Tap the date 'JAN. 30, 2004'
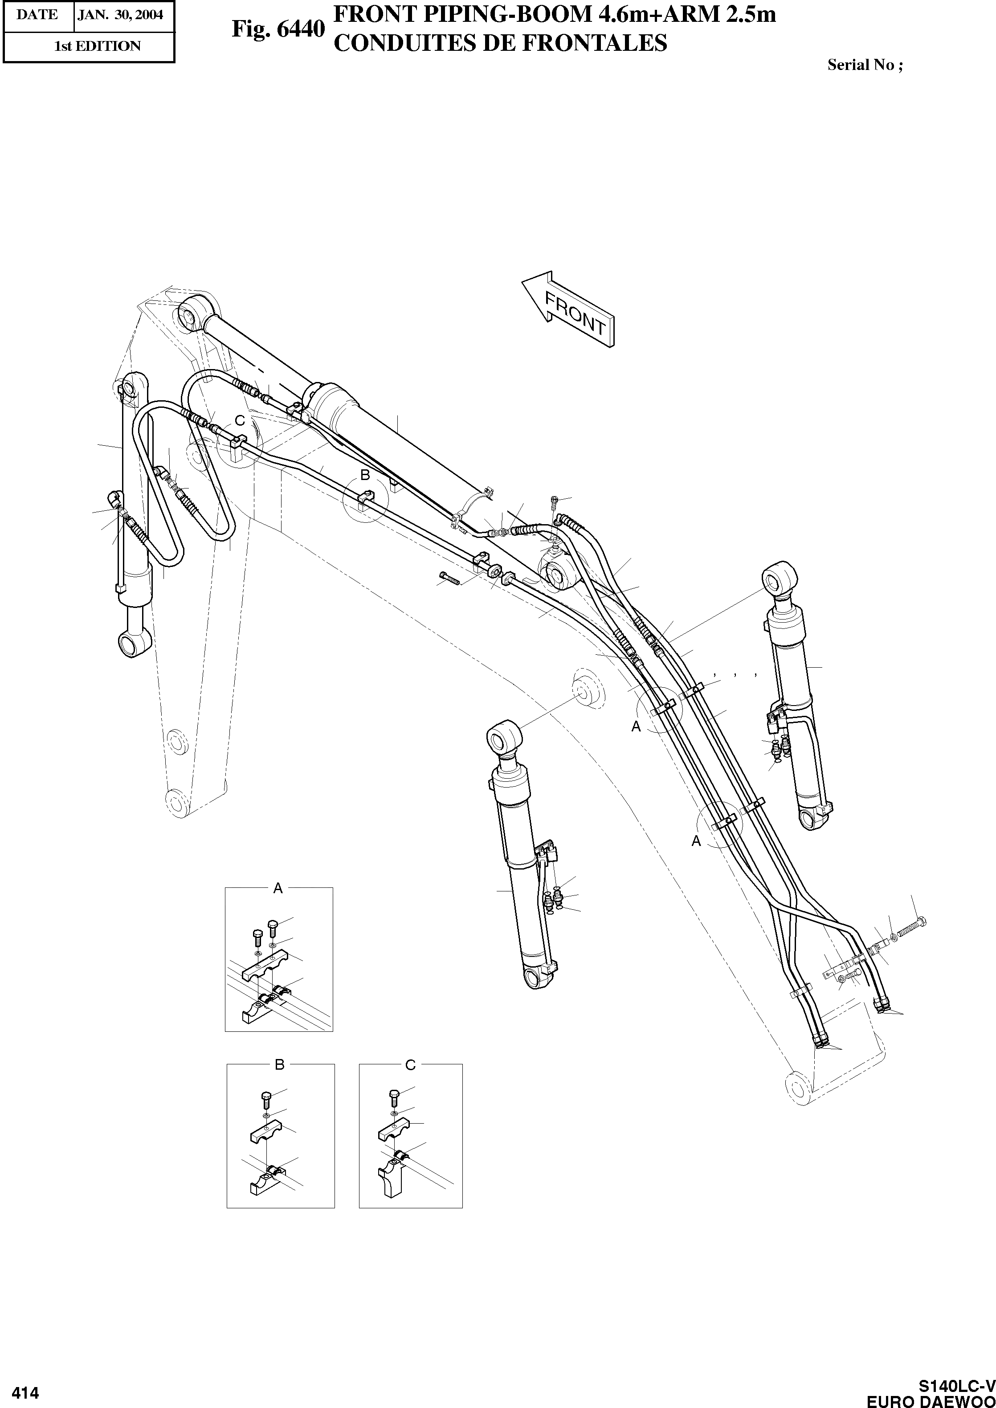[x=121, y=15]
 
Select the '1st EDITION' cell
[x=97, y=46]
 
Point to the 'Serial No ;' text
[x=865, y=65]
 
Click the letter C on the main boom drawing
[x=240, y=421]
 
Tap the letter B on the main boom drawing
[x=364, y=475]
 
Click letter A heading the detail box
[x=278, y=888]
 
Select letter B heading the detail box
[x=280, y=1065]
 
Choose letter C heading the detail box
[x=410, y=1065]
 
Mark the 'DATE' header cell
[x=37, y=15]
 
